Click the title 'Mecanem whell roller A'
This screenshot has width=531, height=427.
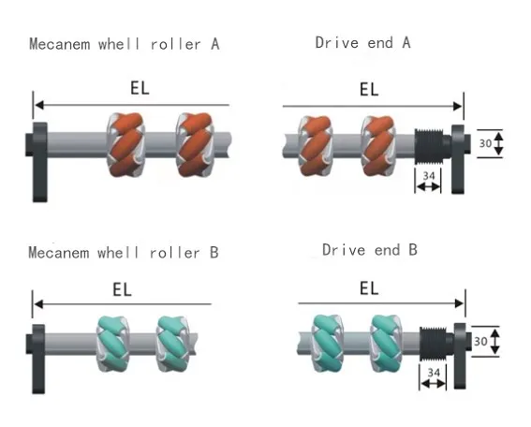(125, 44)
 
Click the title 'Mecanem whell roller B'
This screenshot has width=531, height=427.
(125, 253)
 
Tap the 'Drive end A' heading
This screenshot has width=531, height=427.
(362, 42)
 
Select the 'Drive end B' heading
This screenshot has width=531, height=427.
(369, 250)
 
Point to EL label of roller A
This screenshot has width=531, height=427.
(140, 89)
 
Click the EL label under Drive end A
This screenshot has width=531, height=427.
(369, 89)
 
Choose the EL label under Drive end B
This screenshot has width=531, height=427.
(369, 288)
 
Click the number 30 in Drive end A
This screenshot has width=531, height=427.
(484, 143)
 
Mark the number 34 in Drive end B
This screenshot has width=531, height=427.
(432, 373)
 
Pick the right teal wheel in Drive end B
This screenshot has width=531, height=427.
(388, 338)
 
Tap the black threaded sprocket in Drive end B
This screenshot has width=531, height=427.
(432, 343)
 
